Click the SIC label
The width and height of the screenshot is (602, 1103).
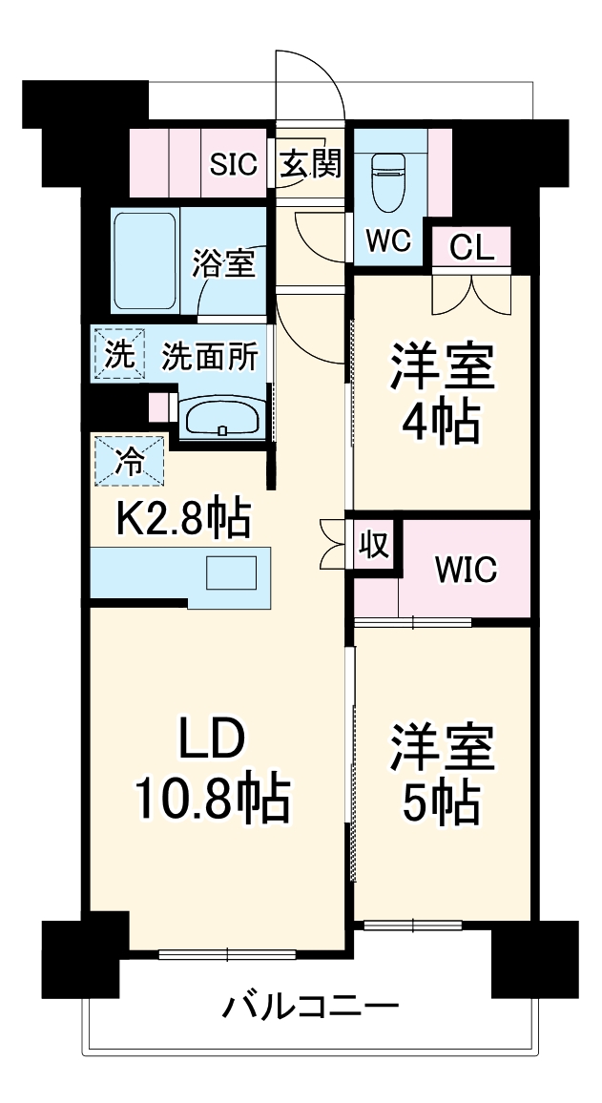[234, 165]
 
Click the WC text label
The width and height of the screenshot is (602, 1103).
[388, 241]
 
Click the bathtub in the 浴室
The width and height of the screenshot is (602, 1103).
[145, 261]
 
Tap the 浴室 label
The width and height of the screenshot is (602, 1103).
[224, 263]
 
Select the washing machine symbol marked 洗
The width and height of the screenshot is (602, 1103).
[119, 354]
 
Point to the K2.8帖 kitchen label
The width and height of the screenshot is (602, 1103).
[183, 519]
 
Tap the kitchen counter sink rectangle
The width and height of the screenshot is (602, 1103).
[232, 573]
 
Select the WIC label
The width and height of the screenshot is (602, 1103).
[466, 570]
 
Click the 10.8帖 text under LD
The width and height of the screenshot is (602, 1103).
[211, 800]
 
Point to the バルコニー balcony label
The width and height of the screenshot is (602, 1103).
[310, 1007]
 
